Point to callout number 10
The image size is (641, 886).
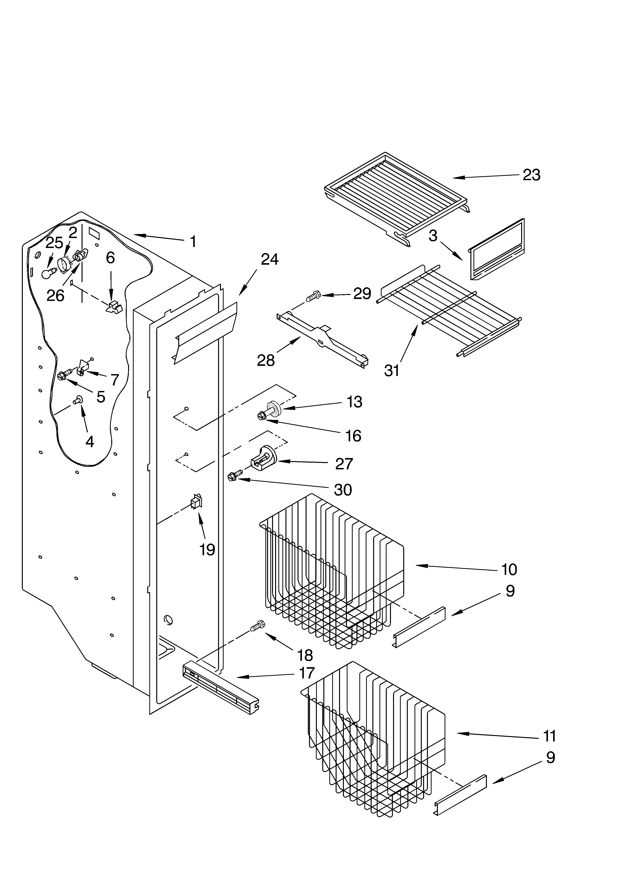coord(509,570)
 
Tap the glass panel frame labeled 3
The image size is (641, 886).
coord(497,250)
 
